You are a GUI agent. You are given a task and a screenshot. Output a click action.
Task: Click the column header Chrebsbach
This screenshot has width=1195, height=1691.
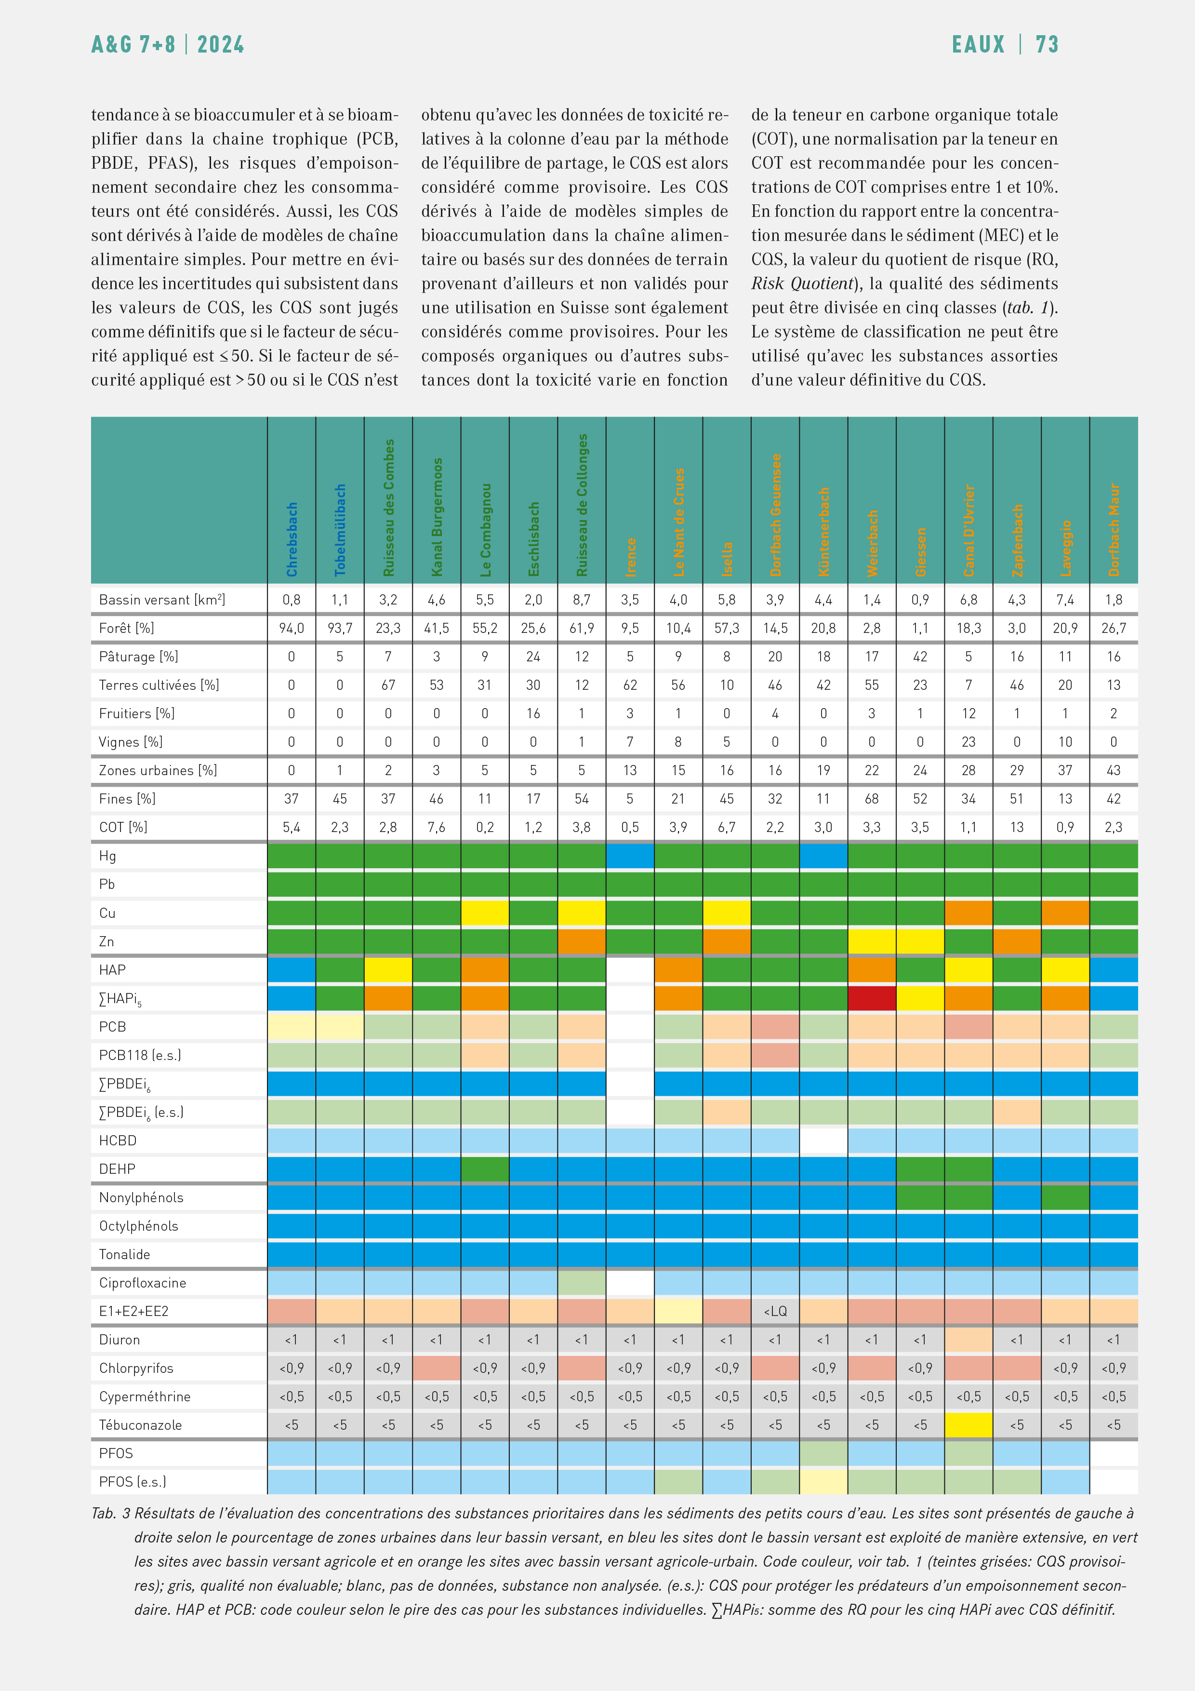(292, 539)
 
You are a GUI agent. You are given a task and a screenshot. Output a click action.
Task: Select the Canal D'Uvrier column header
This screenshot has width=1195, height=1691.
(969, 530)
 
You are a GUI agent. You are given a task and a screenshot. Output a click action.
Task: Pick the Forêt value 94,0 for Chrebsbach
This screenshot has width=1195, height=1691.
(292, 628)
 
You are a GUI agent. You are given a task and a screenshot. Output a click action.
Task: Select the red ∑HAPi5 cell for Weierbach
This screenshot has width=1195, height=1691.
(872, 999)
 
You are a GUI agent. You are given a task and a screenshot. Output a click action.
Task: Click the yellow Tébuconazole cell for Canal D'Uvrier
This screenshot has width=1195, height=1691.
(969, 1425)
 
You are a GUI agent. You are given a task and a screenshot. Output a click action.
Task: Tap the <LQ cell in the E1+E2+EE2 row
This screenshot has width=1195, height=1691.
(775, 1311)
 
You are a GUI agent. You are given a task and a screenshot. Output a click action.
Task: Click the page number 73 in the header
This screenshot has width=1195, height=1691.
(1047, 45)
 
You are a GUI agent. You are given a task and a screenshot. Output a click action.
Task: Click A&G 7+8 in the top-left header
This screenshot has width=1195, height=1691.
(133, 45)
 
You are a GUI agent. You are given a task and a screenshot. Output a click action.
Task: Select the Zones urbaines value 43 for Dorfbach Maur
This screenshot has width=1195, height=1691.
(1114, 770)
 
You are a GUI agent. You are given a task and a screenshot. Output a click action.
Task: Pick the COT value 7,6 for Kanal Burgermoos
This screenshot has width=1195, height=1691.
(437, 827)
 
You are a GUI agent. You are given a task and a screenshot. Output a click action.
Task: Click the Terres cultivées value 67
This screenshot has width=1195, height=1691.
(388, 685)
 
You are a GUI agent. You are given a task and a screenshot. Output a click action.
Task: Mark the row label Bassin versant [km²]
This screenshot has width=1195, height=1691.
(162, 600)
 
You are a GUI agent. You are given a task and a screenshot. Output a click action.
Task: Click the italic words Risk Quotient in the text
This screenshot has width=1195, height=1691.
(802, 283)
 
